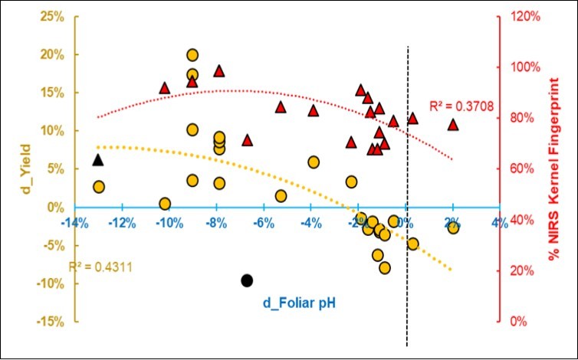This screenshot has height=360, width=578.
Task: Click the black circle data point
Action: (247, 280)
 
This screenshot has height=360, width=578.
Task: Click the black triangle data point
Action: (97, 159)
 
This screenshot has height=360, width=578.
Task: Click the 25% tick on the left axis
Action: (51, 16)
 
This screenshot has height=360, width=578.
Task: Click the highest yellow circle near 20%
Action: (192, 55)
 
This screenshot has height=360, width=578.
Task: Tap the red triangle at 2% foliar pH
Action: (453, 124)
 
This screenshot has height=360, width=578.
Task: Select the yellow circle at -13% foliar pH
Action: (99, 187)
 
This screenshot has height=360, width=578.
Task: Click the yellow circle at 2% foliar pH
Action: (453, 227)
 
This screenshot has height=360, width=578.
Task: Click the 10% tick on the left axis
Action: (51, 131)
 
